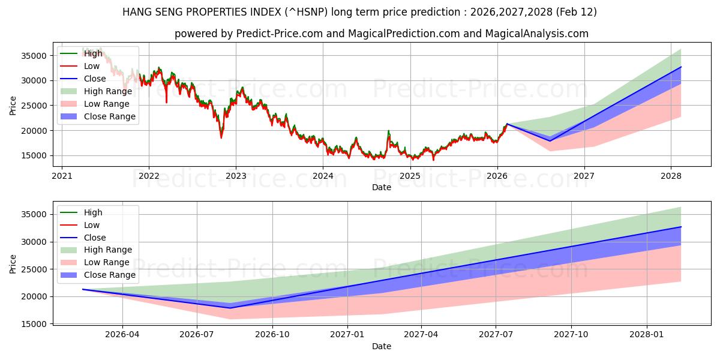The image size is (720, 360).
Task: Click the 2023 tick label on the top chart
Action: click(x=236, y=176)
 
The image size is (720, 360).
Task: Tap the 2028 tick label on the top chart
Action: click(x=671, y=176)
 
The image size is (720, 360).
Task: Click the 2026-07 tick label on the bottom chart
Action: click(x=197, y=334)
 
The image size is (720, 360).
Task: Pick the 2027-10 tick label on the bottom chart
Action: click(x=571, y=334)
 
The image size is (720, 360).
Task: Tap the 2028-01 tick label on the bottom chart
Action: click(x=647, y=334)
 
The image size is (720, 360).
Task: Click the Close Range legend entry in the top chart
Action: click(x=109, y=116)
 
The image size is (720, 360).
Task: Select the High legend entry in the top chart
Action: click(x=93, y=53)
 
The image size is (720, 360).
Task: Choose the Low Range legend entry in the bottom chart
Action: click(x=106, y=262)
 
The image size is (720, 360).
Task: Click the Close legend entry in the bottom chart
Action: click(x=95, y=238)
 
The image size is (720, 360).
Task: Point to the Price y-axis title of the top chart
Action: click(x=13, y=106)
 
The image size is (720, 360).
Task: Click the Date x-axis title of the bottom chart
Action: click(x=382, y=346)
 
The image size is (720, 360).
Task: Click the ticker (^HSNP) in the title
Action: click(x=302, y=12)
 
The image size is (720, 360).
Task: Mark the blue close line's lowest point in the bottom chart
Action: click(x=230, y=308)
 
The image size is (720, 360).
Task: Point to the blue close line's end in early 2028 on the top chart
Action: click(x=681, y=67)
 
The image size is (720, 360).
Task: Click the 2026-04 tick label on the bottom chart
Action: click(x=122, y=334)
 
